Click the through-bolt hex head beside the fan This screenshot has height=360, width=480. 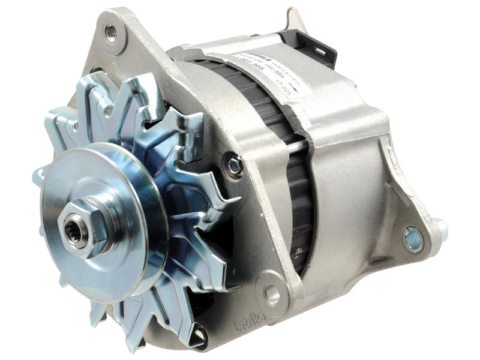point(233,164)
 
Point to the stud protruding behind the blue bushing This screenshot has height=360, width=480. point(441,227)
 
